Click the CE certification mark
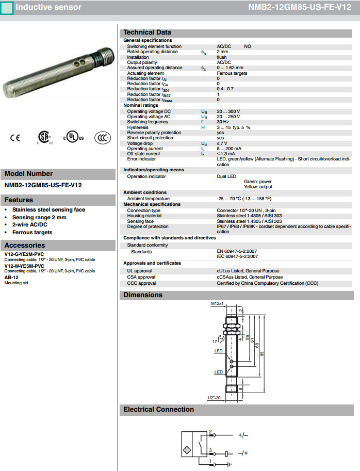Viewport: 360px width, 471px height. point(15,138)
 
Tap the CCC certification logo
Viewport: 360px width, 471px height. point(103,138)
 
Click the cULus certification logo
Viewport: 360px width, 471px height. point(73,138)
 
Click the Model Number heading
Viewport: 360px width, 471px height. point(29,174)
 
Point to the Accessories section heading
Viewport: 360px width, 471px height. point(25,246)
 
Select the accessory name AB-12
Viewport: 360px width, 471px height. point(11,278)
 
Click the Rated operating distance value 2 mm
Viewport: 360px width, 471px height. point(222,52)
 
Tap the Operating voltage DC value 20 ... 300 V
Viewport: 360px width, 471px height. point(228,111)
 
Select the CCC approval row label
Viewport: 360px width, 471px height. point(141,283)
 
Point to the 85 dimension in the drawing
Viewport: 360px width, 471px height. point(262,353)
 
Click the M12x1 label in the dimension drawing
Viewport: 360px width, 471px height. point(217,304)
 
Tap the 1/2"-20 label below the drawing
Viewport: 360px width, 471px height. point(214,398)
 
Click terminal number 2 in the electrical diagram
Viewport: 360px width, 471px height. point(210,431)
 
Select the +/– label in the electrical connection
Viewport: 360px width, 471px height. point(243,435)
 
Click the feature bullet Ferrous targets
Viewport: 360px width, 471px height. point(32,232)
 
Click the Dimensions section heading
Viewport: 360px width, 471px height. point(143,295)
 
